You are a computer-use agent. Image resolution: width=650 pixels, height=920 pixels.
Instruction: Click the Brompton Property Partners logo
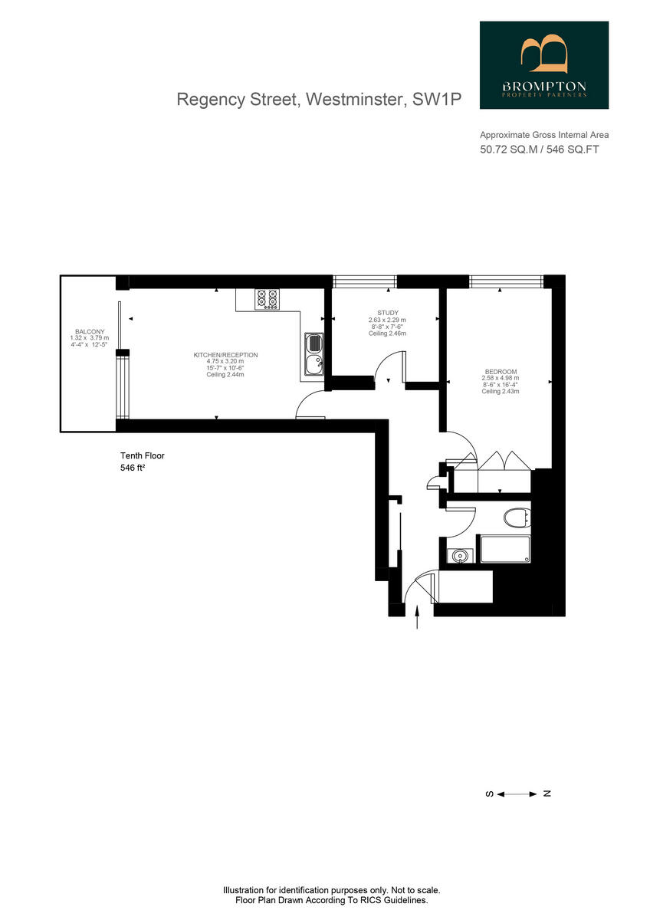click(x=543, y=64)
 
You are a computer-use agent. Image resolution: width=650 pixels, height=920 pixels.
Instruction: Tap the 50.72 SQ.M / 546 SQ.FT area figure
click(x=539, y=149)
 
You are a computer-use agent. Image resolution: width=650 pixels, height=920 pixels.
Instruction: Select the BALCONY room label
click(x=89, y=331)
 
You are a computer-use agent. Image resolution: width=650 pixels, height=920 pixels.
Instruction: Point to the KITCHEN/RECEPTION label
click(x=225, y=355)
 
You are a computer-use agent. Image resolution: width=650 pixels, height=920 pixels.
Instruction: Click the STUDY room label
click(x=387, y=313)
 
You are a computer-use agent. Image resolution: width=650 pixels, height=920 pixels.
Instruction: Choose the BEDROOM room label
click(x=500, y=371)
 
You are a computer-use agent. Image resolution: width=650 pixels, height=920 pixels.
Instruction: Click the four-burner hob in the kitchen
click(x=267, y=298)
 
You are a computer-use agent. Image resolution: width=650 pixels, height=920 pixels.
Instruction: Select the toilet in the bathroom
click(x=518, y=518)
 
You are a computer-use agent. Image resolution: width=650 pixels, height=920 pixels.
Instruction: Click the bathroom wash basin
click(x=460, y=555)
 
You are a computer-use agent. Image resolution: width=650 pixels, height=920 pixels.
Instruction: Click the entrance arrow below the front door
click(x=417, y=618)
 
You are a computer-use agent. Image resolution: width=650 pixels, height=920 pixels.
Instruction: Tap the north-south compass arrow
click(x=518, y=793)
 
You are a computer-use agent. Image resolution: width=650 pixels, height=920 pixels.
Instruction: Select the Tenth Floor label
click(x=143, y=455)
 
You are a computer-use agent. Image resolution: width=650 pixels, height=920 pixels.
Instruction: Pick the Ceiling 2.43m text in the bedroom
click(x=500, y=392)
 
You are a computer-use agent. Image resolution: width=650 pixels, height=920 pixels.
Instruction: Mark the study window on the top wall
click(x=365, y=281)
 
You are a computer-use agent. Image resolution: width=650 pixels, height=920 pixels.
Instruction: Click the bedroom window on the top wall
click(x=506, y=281)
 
